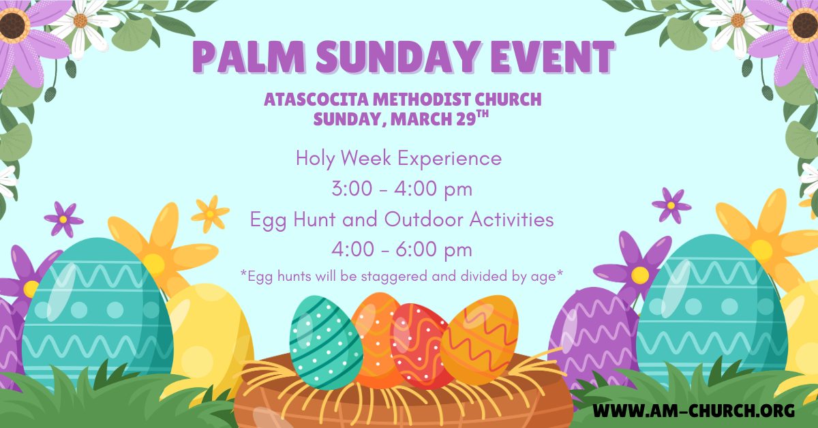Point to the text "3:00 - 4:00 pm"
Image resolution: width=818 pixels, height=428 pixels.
pyautogui.click(x=402, y=189)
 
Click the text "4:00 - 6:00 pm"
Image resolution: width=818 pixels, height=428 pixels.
pyautogui.click(x=402, y=250)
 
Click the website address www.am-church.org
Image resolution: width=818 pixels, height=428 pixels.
pyautogui.click(x=693, y=410)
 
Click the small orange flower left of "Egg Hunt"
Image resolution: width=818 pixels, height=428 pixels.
pyautogui.click(x=210, y=213)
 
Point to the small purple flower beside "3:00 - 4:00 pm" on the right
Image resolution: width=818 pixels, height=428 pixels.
pyautogui.click(x=671, y=204)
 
